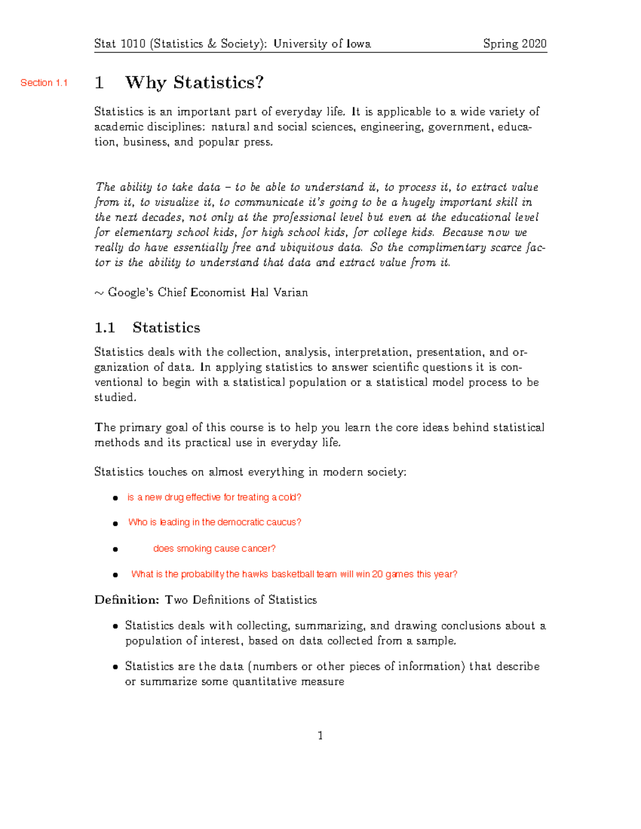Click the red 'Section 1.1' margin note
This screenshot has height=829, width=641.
tap(44, 83)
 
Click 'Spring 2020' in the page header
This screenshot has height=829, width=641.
tap(514, 44)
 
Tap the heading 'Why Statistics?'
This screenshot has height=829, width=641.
tap(194, 82)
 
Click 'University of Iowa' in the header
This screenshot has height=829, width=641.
tap(322, 44)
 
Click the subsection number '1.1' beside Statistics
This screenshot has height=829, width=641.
tap(105, 328)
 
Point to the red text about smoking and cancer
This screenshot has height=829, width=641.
tap(214, 549)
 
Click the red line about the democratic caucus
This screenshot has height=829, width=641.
tap(215, 522)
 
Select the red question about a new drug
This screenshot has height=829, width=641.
tap(214, 498)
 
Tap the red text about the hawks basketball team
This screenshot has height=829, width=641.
tap(294, 574)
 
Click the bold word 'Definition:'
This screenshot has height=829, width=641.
tap(127, 600)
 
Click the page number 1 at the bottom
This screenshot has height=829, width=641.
tap(320, 736)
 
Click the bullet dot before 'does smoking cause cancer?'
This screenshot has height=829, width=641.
tap(115, 549)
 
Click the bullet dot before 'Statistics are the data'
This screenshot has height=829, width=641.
tap(115, 667)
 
